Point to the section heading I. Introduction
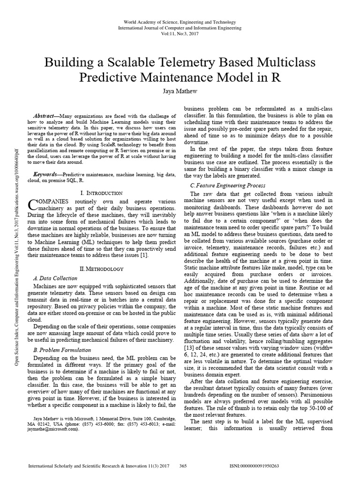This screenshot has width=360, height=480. [102, 193]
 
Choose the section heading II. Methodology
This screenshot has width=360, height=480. [102, 269]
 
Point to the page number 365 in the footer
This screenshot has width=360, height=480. [183, 466]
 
